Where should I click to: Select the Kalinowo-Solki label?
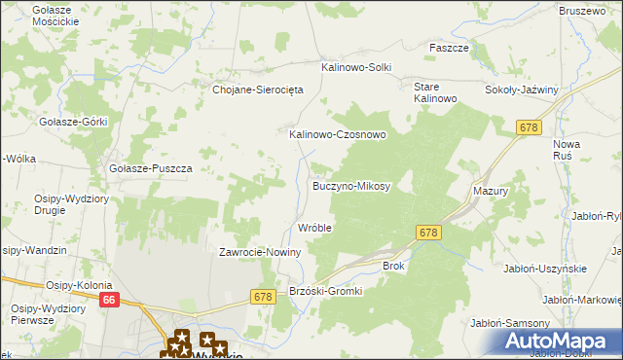(356, 67)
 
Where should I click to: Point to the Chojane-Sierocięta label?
(258, 89)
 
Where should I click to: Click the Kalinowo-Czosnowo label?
(338, 134)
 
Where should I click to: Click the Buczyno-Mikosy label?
(350, 185)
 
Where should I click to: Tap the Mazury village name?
(491, 192)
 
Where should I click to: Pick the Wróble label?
(314, 228)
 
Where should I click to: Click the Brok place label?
(393, 265)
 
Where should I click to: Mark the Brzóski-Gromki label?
(326, 291)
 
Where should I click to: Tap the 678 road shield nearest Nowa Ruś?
(530, 127)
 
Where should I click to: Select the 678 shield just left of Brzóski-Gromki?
(262, 296)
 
